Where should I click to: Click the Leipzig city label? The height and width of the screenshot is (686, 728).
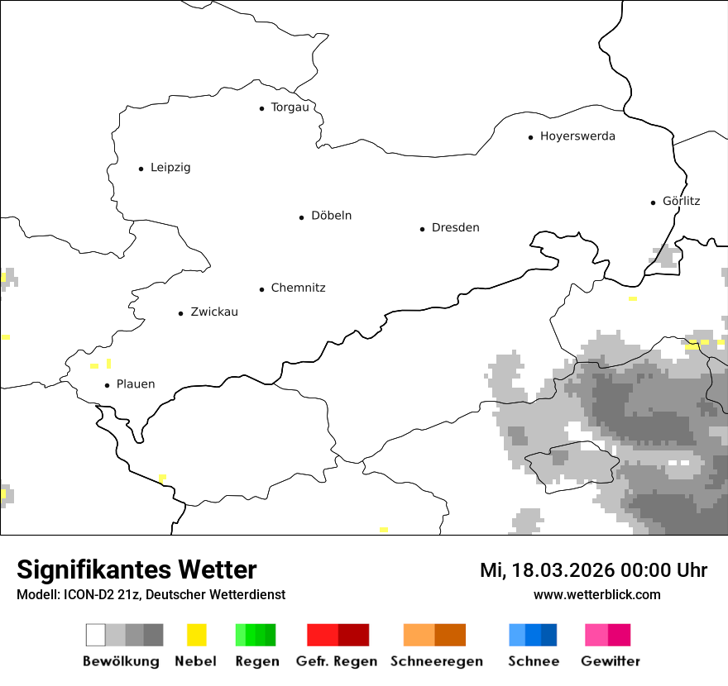point(170,168)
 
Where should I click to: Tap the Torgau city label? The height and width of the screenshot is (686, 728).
point(290,107)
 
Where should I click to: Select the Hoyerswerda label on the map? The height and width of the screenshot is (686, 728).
point(577,136)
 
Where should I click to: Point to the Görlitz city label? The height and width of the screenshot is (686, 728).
point(681,201)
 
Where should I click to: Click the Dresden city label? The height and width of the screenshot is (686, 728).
point(455,228)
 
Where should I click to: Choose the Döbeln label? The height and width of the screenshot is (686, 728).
point(331,216)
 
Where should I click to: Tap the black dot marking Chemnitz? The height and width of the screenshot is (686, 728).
point(262,289)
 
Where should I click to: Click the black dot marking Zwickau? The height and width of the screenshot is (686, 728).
point(181,313)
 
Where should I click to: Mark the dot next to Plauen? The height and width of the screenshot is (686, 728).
point(108,385)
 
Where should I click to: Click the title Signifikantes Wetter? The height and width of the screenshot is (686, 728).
point(136,569)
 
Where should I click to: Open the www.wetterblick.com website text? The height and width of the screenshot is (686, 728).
point(596,594)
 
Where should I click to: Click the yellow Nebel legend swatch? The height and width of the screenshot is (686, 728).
point(196,635)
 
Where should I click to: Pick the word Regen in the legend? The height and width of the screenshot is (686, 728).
point(256,661)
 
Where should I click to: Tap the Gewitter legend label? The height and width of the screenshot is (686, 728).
point(610,661)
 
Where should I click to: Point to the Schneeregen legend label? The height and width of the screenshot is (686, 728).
point(437,661)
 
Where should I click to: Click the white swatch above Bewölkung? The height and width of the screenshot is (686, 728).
point(96,635)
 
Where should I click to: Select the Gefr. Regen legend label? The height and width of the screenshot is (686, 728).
point(337,661)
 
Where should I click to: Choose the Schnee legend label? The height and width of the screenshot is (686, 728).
point(534,661)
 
